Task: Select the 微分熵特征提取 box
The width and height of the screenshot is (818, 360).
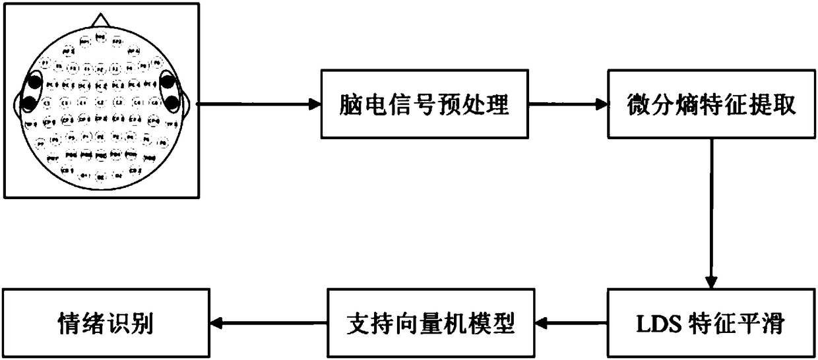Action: point(711,104)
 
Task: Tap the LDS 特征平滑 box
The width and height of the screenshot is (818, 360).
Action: point(711,323)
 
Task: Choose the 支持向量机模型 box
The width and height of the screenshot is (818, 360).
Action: point(431,323)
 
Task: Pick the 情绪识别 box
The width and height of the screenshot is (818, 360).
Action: point(105,323)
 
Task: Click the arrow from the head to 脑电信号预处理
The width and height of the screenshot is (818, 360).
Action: point(257,104)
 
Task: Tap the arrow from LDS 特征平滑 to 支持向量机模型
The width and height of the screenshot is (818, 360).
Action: point(571,323)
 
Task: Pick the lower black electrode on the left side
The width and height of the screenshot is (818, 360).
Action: point(30,103)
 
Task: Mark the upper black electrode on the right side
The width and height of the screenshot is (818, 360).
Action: point(168,82)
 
